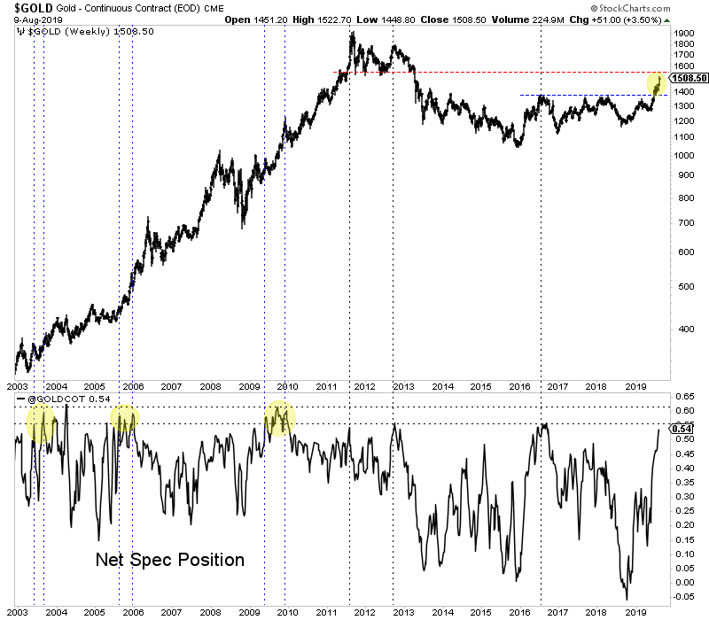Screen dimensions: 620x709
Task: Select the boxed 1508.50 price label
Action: [690, 78]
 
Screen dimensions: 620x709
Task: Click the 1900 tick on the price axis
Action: [683, 33]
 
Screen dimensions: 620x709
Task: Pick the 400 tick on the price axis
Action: [681, 328]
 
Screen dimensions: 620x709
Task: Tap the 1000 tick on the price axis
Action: [683, 155]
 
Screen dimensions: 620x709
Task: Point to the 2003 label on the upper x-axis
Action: [17, 387]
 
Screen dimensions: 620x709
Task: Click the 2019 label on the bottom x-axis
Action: [635, 611]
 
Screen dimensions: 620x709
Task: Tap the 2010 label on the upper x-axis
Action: [287, 387]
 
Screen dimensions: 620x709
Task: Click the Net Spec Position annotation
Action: [169, 560]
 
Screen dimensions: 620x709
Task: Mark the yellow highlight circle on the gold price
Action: [658, 84]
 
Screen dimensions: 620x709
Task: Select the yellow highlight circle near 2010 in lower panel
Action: [281, 417]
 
